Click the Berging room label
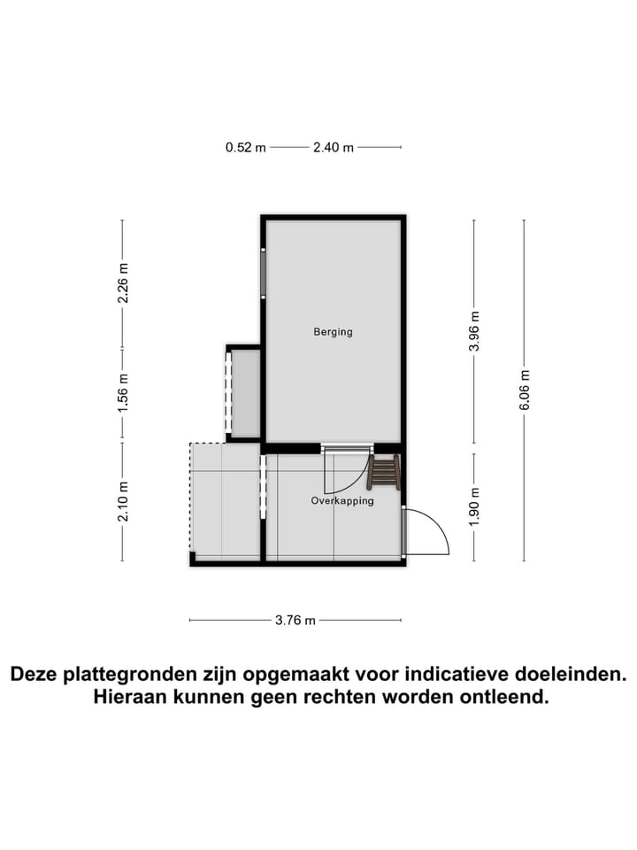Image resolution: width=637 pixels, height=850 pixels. pyautogui.click(x=333, y=332)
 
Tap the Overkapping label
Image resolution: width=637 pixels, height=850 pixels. pyautogui.click(x=342, y=501)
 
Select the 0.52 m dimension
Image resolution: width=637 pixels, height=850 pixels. pyautogui.click(x=245, y=148)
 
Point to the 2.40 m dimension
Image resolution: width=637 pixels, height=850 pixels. pyautogui.click(x=334, y=148)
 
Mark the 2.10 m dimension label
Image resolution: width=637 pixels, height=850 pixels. pyautogui.click(x=123, y=500)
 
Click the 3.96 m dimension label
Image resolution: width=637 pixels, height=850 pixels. pyautogui.click(x=474, y=330)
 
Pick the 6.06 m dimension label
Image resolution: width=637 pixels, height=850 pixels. pyautogui.click(x=525, y=390)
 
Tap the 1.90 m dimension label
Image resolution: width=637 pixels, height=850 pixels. pyautogui.click(x=474, y=507)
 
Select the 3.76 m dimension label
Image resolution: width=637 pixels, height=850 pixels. pyautogui.click(x=295, y=621)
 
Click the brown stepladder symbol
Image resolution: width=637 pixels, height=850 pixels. pyautogui.click(x=384, y=472)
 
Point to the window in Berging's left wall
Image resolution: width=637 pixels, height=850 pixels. pyautogui.click(x=263, y=274)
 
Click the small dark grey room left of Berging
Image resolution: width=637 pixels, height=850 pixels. pyautogui.click(x=245, y=393)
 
